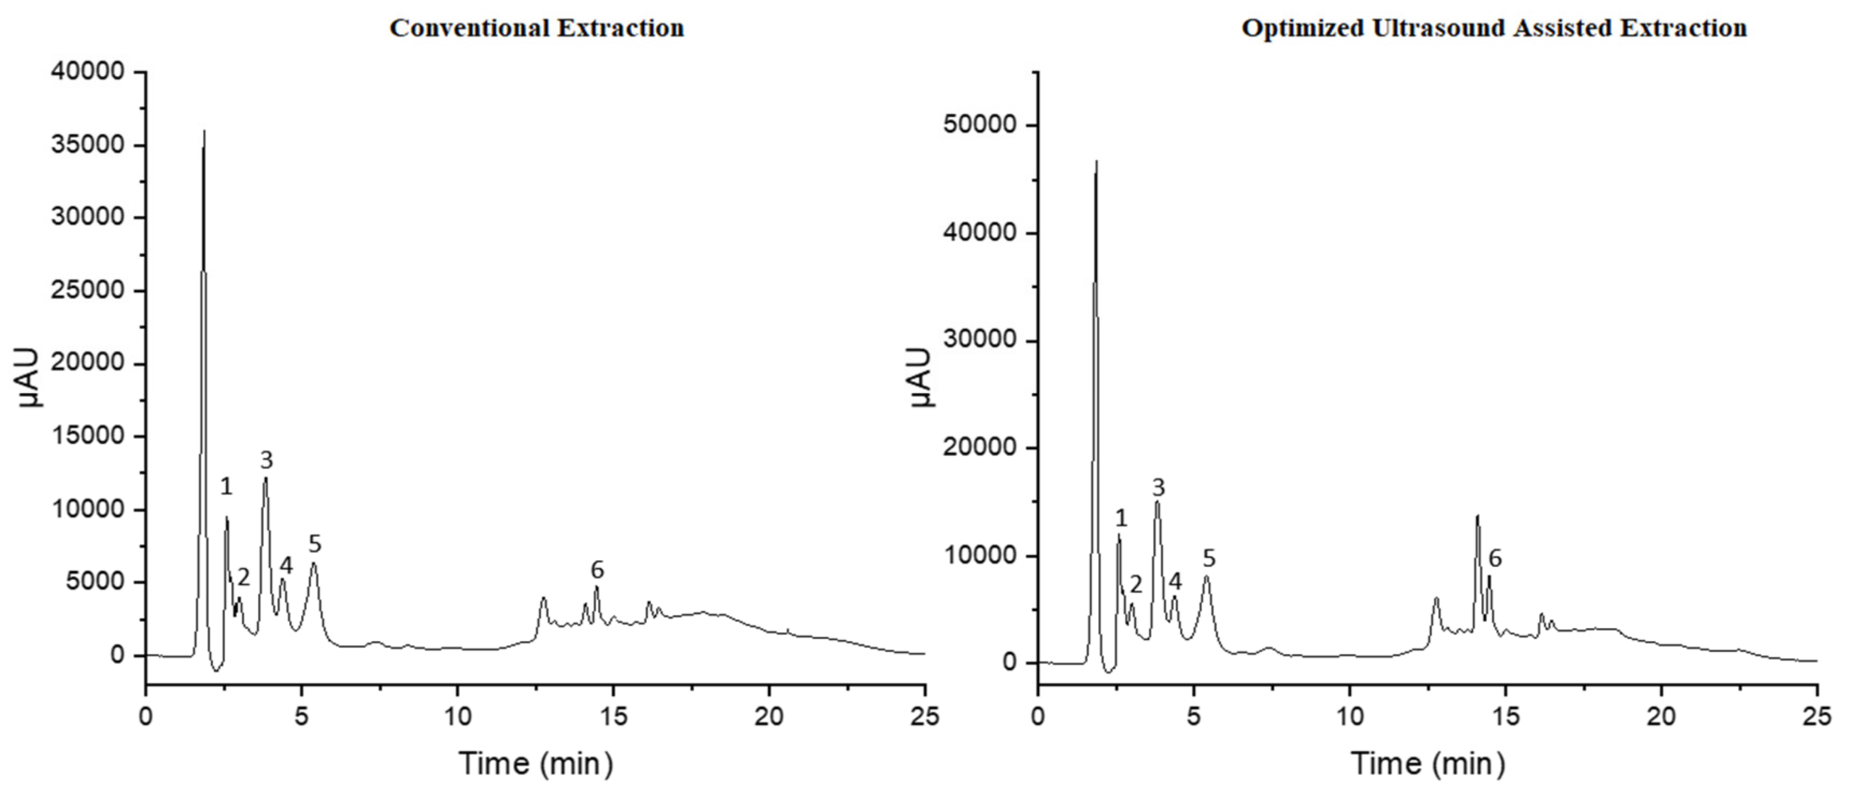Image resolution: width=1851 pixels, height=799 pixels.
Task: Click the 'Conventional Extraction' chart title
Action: (536, 29)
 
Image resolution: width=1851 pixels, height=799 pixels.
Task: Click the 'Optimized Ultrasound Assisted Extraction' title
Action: (1494, 29)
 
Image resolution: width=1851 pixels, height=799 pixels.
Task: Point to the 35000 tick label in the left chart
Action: (88, 145)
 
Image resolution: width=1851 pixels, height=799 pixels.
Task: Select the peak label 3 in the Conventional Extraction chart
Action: (267, 460)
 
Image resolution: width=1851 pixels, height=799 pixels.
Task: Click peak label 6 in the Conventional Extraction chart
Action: (597, 570)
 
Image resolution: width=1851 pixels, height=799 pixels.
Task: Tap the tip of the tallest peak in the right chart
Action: (1096, 161)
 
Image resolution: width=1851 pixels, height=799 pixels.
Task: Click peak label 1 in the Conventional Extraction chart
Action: (226, 487)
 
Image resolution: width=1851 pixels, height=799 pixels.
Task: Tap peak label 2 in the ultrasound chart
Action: (1136, 584)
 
